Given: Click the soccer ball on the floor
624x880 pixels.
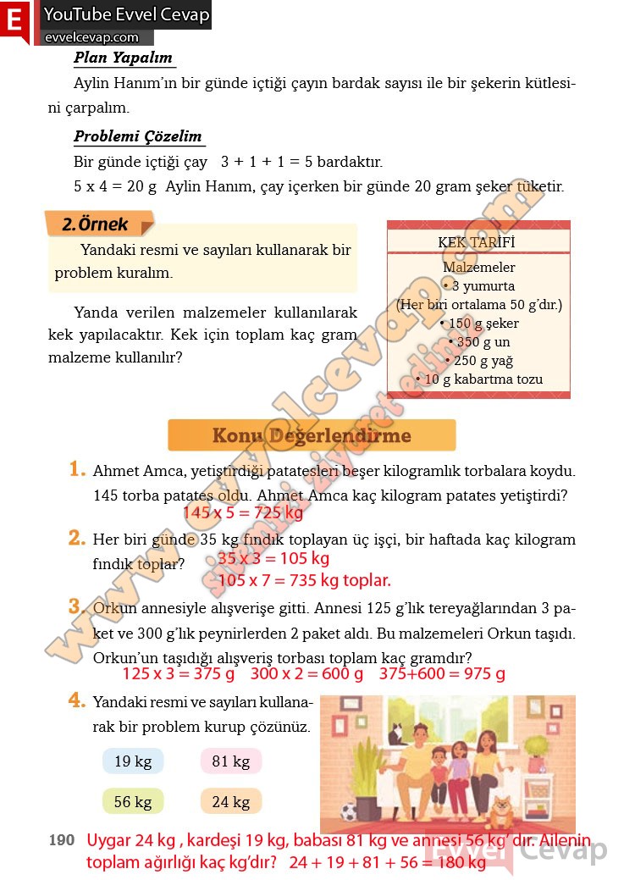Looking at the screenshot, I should [x=349, y=812].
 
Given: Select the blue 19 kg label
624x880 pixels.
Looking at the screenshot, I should [x=133, y=761].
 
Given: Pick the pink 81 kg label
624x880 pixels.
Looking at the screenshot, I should [x=231, y=761].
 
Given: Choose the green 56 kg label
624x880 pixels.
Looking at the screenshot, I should [x=133, y=801].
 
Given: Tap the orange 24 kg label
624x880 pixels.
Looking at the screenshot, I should [x=231, y=801].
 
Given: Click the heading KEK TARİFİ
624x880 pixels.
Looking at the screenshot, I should [x=478, y=242].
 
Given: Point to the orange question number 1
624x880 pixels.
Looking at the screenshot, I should [x=78, y=469].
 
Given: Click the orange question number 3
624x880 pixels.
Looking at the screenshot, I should [x=78, y=606].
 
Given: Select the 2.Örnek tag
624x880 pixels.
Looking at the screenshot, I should [x=95, y=224].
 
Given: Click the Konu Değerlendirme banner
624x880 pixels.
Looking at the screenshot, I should [x=312, y=436].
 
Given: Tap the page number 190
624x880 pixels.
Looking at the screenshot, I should [x=62, y=840].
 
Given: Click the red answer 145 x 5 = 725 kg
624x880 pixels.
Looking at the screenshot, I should [x=242, y=512].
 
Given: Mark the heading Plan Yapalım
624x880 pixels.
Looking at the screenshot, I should [x=123, y=58].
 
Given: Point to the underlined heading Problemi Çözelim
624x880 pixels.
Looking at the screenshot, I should [x=137, y=136].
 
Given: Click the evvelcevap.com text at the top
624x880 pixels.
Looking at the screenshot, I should [x=91, y=37].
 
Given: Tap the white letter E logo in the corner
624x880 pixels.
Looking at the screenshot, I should [x=14, y=19].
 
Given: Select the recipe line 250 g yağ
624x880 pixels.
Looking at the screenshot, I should [x=479, y=361].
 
